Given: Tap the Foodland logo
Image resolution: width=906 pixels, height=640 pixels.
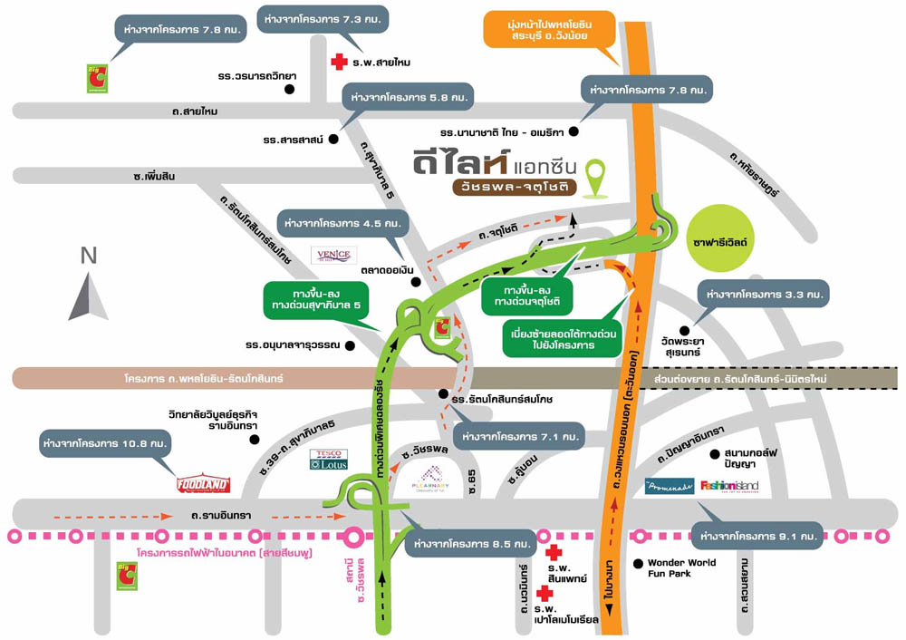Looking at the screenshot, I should click(x=203, y=485).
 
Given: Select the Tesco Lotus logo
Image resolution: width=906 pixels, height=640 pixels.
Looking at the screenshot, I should click(x=327, y=460).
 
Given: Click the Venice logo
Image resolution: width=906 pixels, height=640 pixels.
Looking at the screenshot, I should click(x=334, y=256).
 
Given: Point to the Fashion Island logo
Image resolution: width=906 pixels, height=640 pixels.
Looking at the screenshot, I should click(x=729, y=487).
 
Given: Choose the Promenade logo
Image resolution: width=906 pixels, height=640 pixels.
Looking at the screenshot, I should click(x=670, y=487).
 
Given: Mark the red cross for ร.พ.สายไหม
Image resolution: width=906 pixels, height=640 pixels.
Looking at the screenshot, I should click(x=339, y=62).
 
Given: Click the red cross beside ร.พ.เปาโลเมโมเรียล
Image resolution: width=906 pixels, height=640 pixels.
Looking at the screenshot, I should click(x=545, y=594).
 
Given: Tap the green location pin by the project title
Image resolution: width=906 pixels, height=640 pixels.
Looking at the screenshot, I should click(x=595, y=178).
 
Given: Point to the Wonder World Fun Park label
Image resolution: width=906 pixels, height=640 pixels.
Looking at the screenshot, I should click(x=681, y=568).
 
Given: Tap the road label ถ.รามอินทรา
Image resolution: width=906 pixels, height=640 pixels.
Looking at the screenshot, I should click(x=221, y=515).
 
